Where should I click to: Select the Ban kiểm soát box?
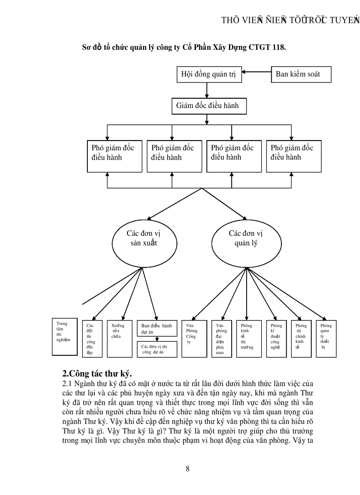(x=300, y=74)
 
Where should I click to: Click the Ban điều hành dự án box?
(x=157, y=329)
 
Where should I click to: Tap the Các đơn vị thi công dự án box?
(x=157, y=349)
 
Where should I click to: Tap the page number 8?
(x=187, y=469)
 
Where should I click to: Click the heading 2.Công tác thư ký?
(x=97, y=375)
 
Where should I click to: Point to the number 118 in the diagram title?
(x=279, y=47)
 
